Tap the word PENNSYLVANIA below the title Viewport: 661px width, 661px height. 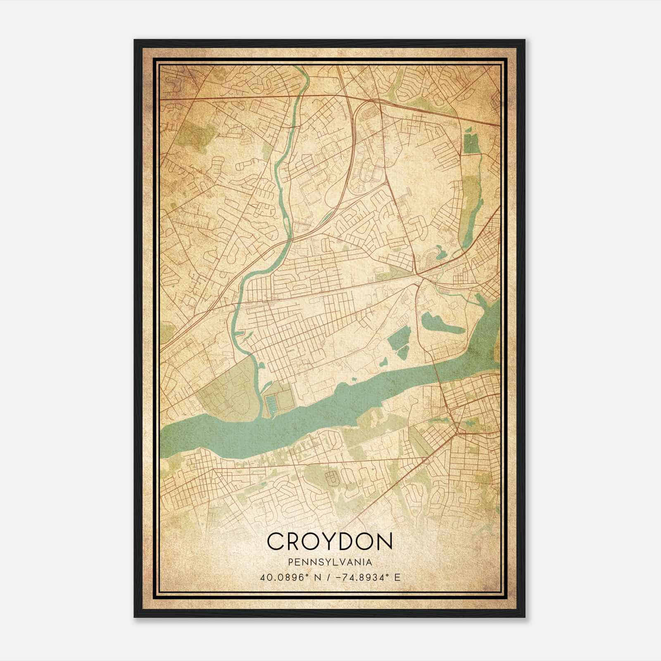329,562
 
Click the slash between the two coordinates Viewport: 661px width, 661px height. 328,577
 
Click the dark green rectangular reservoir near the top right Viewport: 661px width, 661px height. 470,143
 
